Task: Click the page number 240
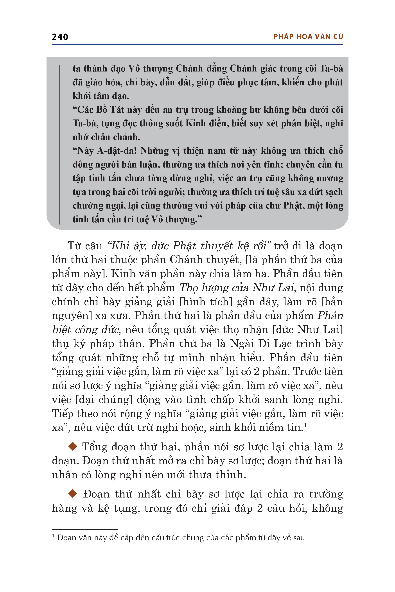tap(60, 37)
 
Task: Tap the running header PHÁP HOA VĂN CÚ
tap(308, 37)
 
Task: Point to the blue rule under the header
tap(197, 45)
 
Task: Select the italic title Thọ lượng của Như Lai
tap(237, 288)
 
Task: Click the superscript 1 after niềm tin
tap(305, 425)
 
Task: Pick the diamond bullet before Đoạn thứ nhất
tap(73, 494)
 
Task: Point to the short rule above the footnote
tap(85, 529)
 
